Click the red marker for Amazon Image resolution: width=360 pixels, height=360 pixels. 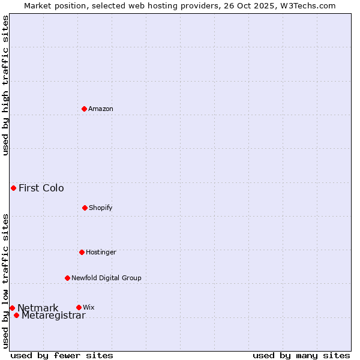tap(84, 109)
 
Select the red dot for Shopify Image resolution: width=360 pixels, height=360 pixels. tap(85, 208)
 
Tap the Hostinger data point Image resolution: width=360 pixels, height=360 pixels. tap(82, 252)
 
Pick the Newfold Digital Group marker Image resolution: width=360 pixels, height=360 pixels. tap(67, 278)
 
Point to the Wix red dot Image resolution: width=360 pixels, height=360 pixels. tap(79, 307)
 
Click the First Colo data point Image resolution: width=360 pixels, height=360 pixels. tap(13, 188)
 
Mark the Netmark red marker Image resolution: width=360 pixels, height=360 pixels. tap(12, 308)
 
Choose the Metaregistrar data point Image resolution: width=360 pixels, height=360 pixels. tap(16, 315)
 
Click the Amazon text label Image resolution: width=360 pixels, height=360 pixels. tap(101, 109)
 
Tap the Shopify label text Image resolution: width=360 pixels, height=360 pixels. tap(101, 208)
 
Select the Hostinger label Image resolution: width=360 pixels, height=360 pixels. tap(101, 253)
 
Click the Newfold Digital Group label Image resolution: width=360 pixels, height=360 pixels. tap(106, 278)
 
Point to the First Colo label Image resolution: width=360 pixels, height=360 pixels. tap(41, 188)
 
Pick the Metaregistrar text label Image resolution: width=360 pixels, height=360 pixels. tap(53, 316)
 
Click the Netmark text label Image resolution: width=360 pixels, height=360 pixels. tap(38, 308)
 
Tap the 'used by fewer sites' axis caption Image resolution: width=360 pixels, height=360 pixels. tap(62, 355)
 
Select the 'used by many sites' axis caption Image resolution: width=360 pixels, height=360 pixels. tap(301, 355)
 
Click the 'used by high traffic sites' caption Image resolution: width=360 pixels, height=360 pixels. tap(5, 85)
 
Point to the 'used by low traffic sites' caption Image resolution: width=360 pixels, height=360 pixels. tap(5, 281)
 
